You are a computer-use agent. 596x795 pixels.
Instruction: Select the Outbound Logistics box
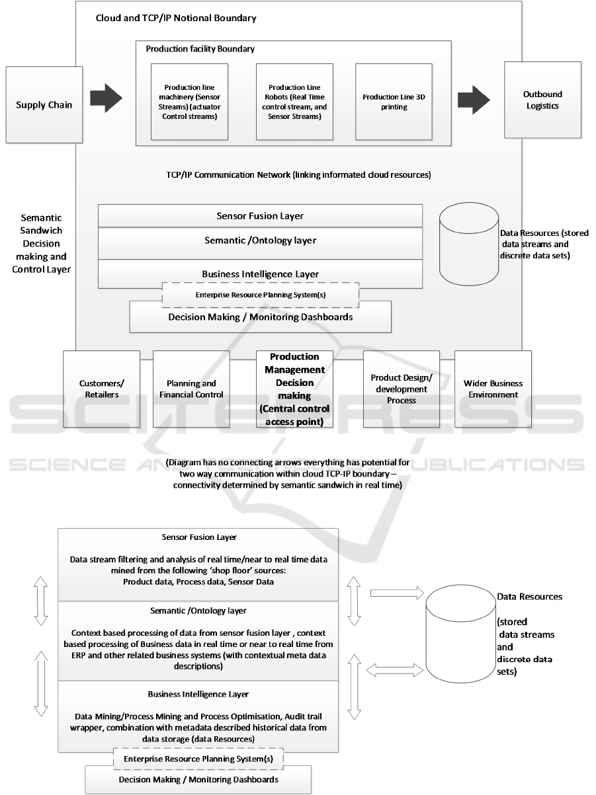[542, 99]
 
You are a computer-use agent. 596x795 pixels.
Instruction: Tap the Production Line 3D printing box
[394, 102]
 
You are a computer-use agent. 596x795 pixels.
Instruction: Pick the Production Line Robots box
[294, 102]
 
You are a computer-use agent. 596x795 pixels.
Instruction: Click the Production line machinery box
[189, 102]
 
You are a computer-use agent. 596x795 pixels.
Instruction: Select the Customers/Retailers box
[101, 389]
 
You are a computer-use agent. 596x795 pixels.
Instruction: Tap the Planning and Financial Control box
[191, 389]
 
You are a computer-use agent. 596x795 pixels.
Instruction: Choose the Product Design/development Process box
[402, 389]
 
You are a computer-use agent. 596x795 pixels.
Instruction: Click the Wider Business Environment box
[493, 389]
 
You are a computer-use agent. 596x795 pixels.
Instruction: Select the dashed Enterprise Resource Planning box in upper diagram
[260, 295]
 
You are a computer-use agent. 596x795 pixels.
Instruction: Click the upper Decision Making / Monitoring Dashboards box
[260, 317]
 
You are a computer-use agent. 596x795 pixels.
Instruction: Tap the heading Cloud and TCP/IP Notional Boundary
[176, 18]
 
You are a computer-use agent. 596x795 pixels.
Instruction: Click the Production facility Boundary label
[200, 49]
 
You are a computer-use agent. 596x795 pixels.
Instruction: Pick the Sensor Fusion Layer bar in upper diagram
[260, 215]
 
